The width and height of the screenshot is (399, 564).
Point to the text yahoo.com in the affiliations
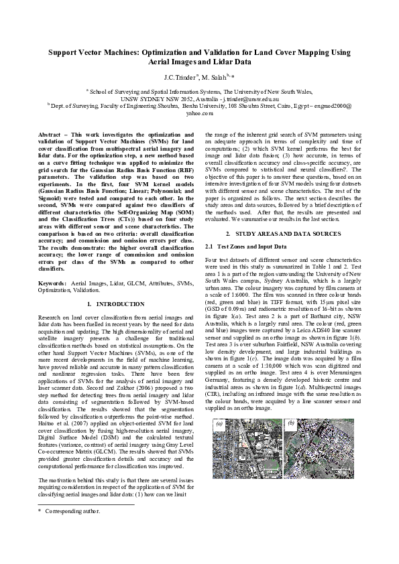tap(199, 114)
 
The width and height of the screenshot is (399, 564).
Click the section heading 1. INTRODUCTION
tap(111, 304)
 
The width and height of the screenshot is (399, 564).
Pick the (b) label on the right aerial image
tap(291, 424)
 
